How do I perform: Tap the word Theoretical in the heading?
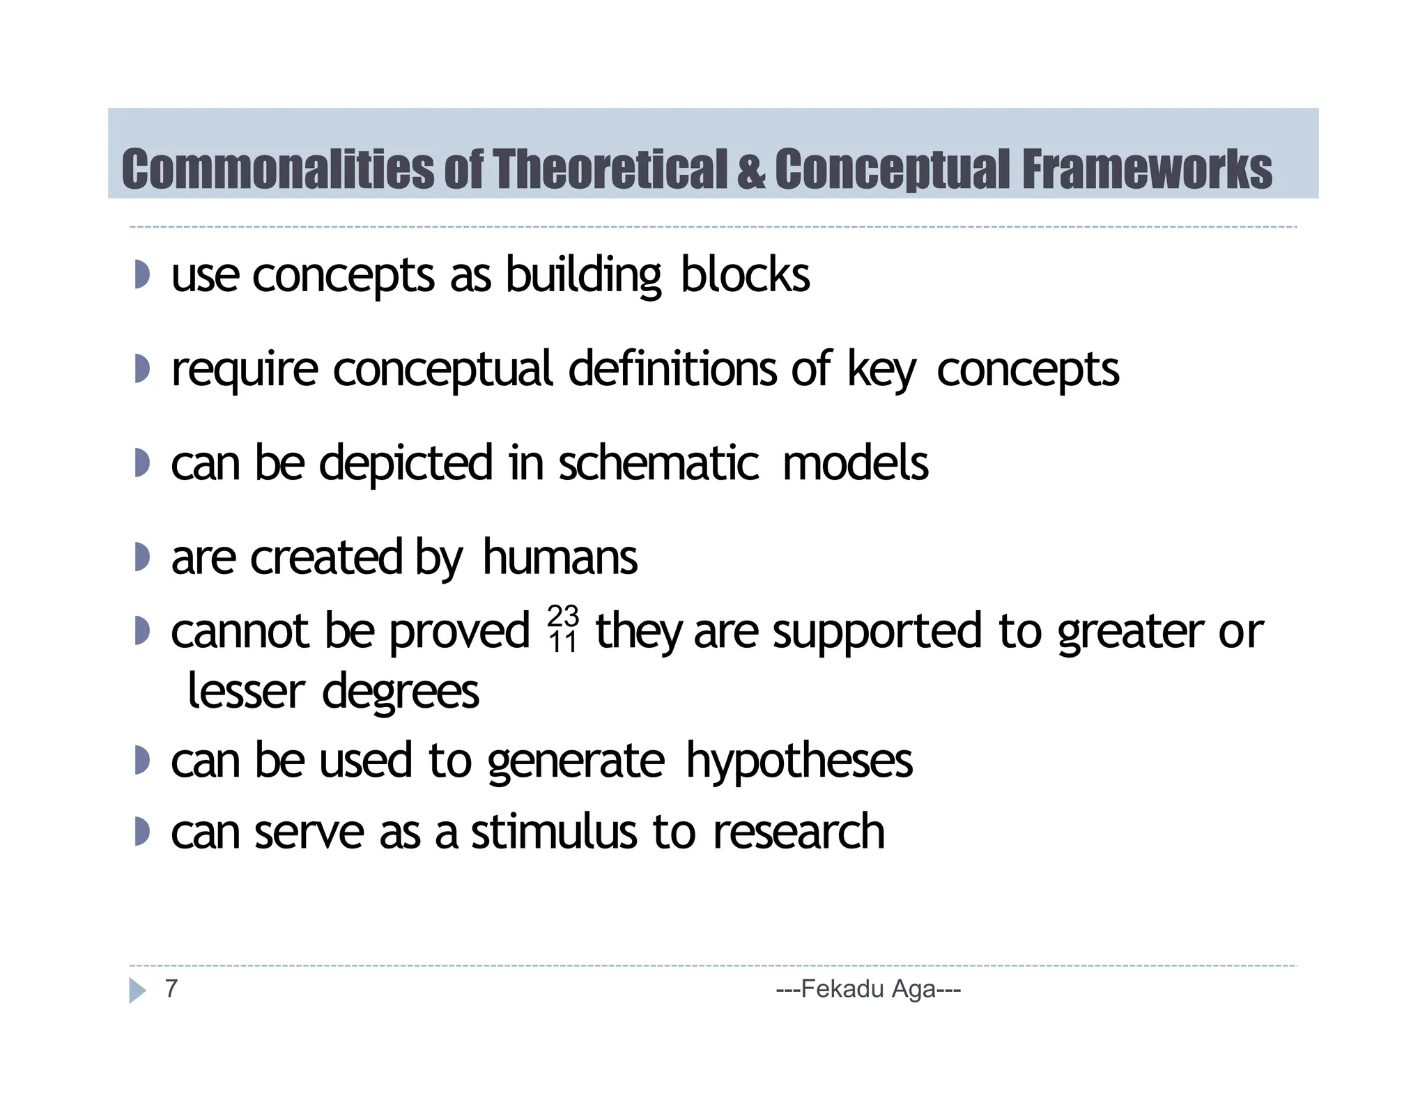point(610,169)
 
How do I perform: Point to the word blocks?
point(745,274)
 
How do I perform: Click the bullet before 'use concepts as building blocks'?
point(141,274)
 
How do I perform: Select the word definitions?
point(672,368)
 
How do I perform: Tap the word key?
point(881,370)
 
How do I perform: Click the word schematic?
point(658,463)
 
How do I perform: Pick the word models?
point(855,463)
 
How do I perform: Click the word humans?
point(560,557)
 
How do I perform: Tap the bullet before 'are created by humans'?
point(141,557)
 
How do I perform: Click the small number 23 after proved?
point(563,616)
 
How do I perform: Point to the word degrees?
point(400,692)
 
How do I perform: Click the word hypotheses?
point(799,760)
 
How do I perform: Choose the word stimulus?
point(554,832)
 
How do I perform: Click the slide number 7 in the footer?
point(171,988)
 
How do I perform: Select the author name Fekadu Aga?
point(868,988)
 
